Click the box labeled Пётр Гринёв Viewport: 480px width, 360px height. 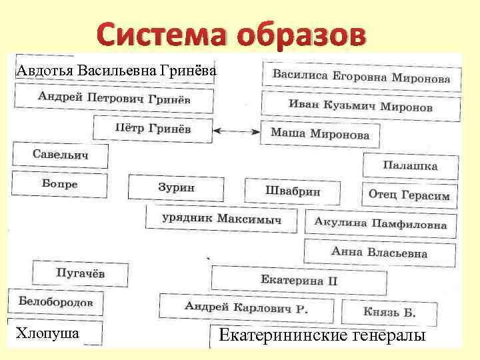coord(153,129)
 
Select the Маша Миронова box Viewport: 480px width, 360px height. coord(320,133)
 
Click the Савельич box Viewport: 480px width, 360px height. coord(61,155)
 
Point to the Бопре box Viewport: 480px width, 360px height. coord(59,183)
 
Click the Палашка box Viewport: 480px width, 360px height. coord(410,165)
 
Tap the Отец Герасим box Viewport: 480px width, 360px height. coord(409,195)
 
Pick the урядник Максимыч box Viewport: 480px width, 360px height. coord(222,218)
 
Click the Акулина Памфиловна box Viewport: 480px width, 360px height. coord(381,224)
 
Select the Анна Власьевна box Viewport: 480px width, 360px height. coord(379,252)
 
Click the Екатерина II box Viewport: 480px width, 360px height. coord(299,280)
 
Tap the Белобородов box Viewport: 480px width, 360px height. coord(56,302)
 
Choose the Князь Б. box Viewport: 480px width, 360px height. coord(389,311)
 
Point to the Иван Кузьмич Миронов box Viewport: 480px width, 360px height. coord(361,106)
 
